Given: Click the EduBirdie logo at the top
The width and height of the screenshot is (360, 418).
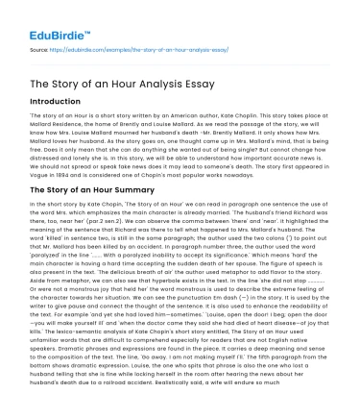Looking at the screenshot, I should tap(44, 16).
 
